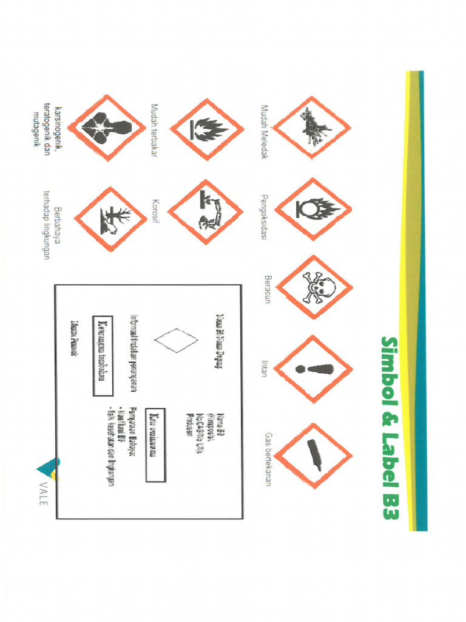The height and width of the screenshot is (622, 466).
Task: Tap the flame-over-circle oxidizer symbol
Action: pos(313,209)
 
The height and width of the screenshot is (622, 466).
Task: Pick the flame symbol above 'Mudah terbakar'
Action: pos(206,129)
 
